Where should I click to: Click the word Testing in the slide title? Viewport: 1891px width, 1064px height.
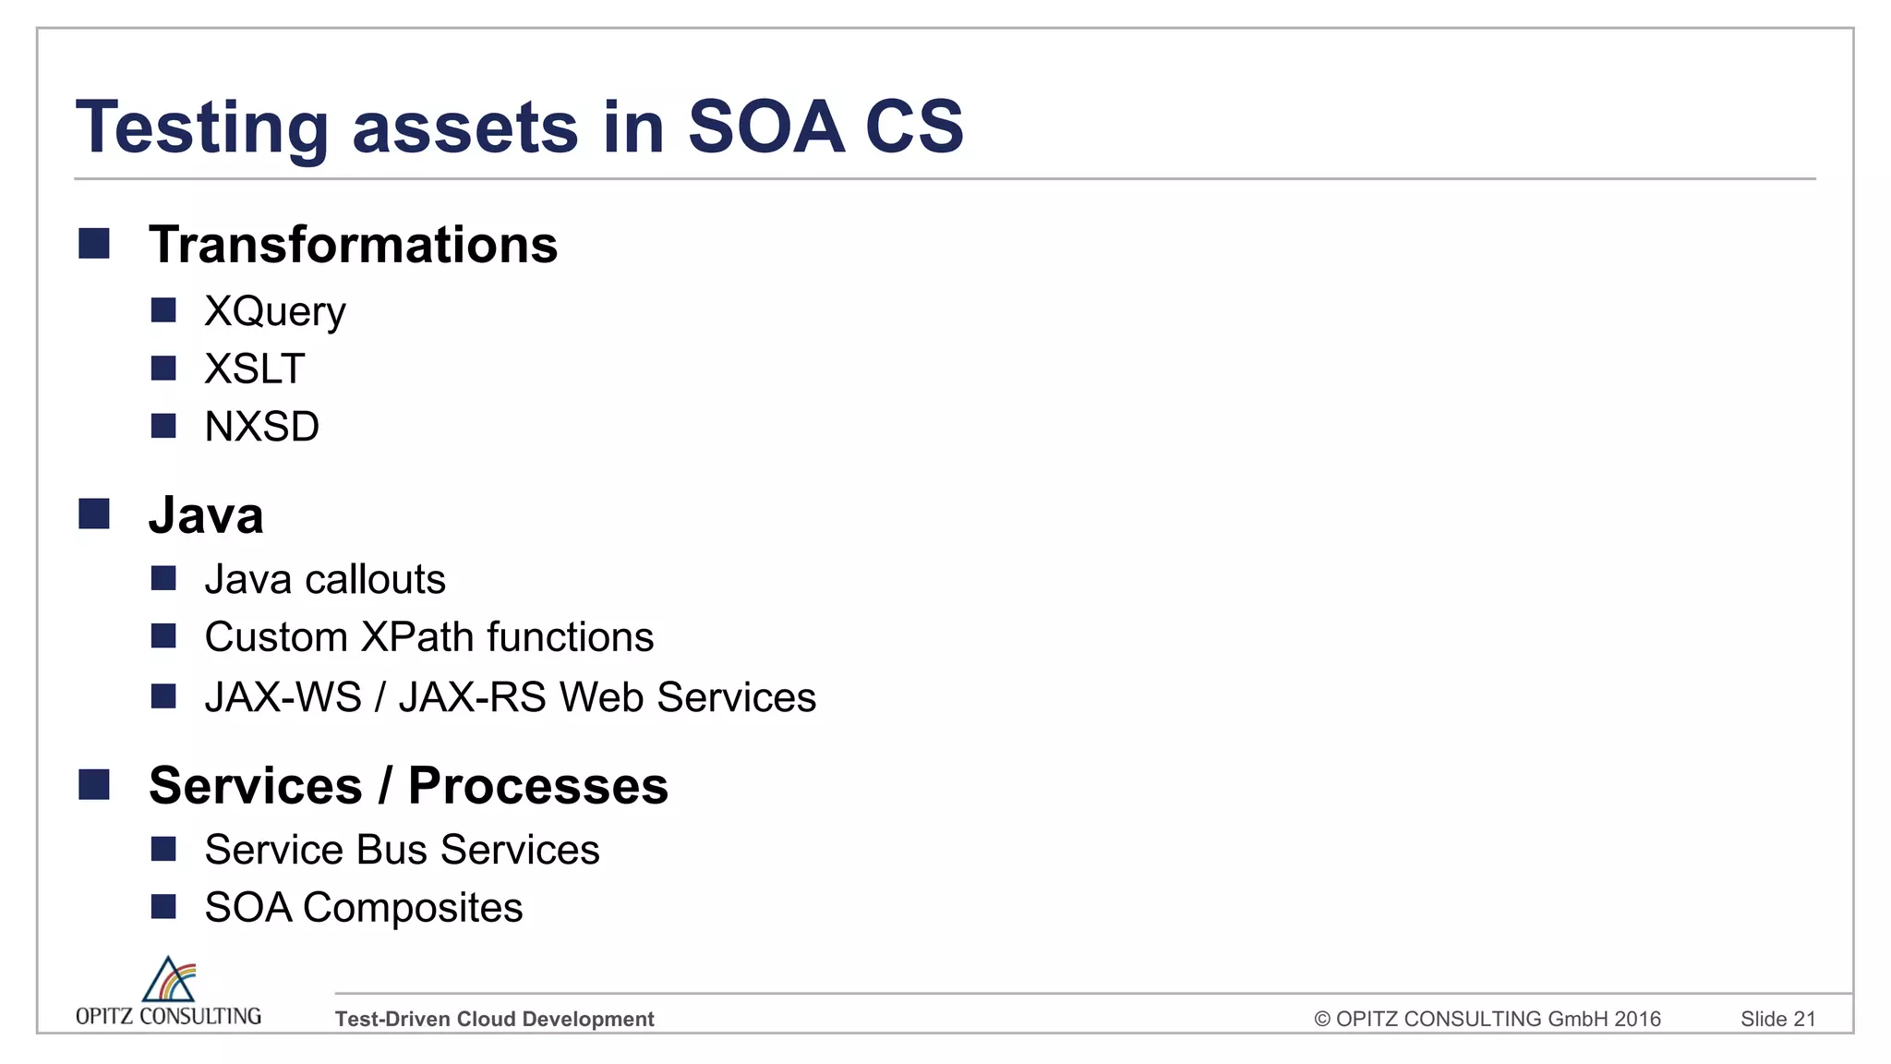tap(201, 127)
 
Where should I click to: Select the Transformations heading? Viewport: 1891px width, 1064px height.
tap(353, 245)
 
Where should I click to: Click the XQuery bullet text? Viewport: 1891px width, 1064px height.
tap(274, 311)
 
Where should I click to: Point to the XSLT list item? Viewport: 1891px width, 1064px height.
tap(254, 369)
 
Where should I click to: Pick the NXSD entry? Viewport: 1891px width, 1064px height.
tap(261, 427)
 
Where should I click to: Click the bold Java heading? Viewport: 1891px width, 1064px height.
tap(206, 514)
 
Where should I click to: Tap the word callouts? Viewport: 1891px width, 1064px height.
tap(375, 579)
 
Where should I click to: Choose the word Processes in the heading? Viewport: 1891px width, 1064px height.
tap(537, 786)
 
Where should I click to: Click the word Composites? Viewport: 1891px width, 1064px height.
tap(412, 908)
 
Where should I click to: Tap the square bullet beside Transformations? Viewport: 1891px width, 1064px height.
tap(94, 244)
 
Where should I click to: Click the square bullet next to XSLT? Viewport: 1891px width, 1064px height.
tap(163, 369)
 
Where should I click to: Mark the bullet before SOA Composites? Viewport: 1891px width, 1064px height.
tap(163, 907)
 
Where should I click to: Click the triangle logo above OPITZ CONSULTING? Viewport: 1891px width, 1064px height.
tap(168, 980)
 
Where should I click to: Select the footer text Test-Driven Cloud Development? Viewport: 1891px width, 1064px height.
tap(494, 1019)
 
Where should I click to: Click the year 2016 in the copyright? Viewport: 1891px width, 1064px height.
tap(1637, 1019)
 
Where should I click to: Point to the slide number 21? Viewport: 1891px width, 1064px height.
tap(1804, 1019)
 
